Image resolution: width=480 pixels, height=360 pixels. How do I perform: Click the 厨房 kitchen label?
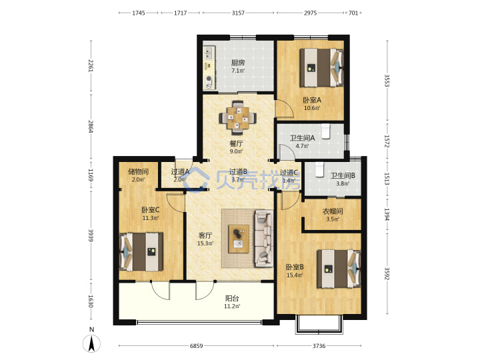point(238,63)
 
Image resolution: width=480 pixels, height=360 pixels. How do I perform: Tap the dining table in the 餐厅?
point(238,117)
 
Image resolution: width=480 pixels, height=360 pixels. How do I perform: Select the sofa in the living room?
point(264,238)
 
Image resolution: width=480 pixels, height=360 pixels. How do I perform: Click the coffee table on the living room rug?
point(239,239)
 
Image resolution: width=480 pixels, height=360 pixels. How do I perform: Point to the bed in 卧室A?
point(321,68)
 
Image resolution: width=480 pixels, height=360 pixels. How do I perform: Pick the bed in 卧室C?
point(141,252)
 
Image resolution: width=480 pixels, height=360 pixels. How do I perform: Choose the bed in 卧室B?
point(339,269)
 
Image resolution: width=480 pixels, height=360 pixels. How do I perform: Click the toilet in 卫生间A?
point(325,131)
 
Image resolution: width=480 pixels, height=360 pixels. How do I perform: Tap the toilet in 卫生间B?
point(319,169)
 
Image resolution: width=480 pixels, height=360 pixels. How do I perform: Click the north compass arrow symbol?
point(91,343)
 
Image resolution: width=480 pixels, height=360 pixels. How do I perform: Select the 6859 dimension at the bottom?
point(196,346)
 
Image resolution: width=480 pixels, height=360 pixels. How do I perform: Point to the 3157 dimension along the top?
point(238,13)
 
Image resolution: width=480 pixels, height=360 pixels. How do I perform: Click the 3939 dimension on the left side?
point(91,235)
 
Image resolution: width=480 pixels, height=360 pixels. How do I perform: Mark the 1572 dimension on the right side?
point(387,141)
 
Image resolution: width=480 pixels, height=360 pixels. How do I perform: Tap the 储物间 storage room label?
point(138,171)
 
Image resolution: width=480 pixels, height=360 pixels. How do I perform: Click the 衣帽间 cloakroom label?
point(333,211)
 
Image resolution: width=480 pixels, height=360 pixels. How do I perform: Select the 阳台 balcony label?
point(232,298)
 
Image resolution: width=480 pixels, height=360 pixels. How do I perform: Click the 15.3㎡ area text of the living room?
point(205,244)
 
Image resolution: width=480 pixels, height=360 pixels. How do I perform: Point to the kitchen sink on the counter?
point(209,53)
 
